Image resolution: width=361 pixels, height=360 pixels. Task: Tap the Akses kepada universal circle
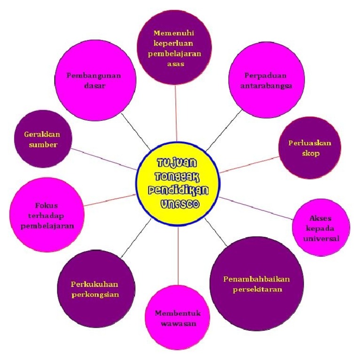click(321, 227)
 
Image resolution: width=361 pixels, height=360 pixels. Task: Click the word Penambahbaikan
click(257, 279)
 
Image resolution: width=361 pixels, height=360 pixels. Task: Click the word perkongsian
click(95, 295)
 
